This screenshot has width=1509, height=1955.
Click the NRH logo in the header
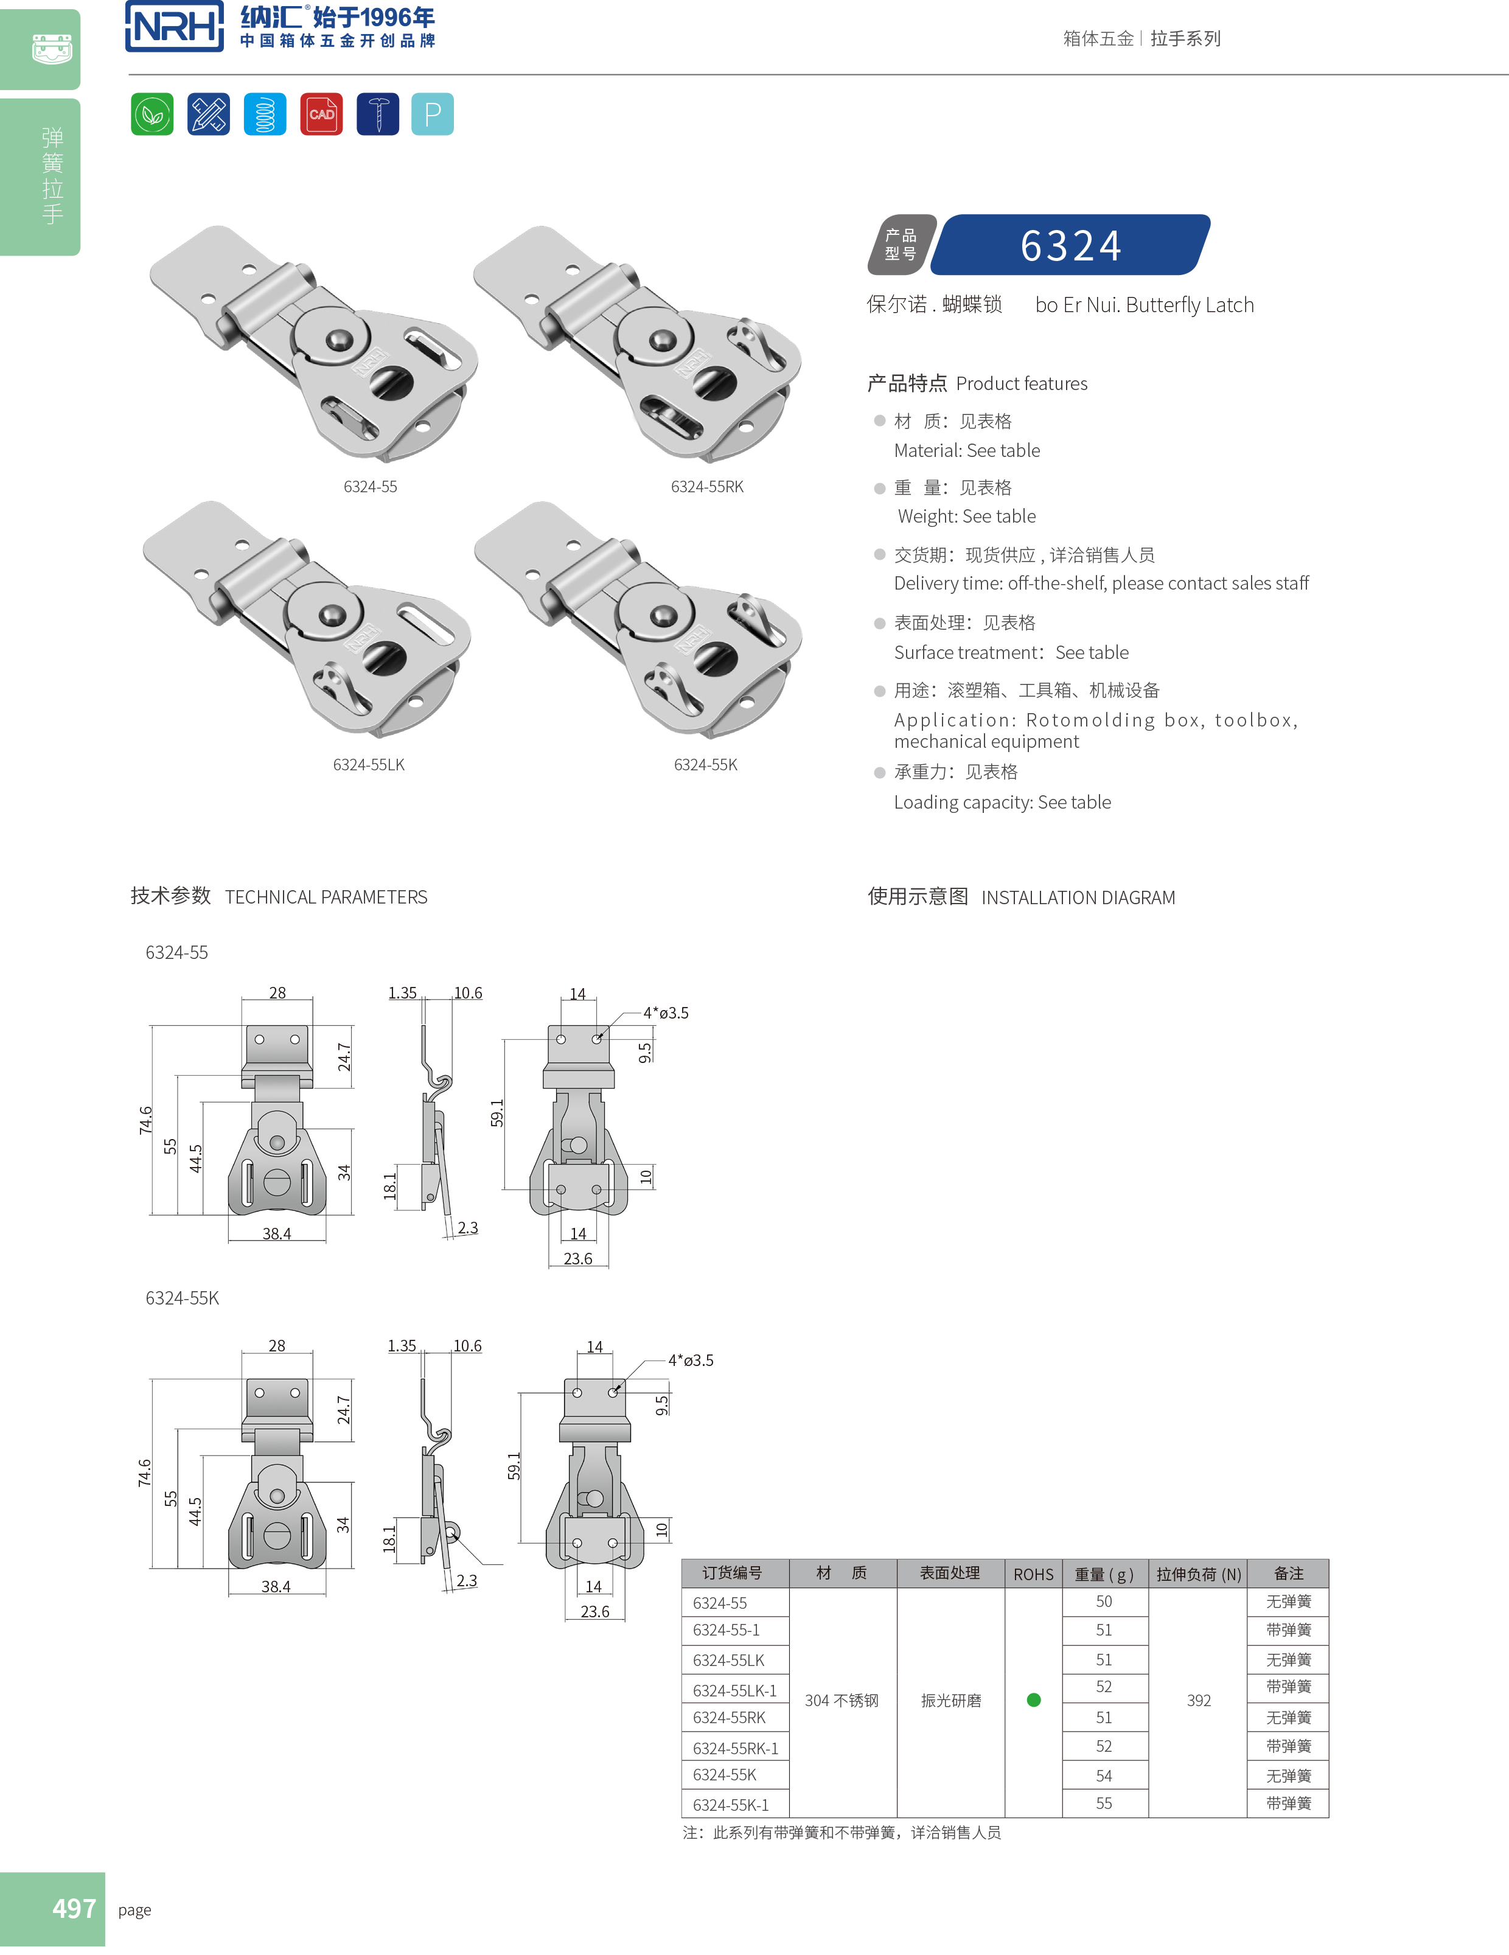point(175,26)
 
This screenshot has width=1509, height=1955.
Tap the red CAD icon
point(321,114)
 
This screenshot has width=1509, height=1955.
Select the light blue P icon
point(432,114)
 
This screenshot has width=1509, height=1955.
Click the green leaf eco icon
point(152,114)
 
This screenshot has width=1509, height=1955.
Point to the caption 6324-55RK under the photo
point(707,487)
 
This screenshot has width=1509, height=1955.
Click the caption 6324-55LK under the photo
point(369,764)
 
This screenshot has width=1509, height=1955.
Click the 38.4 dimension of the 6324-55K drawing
point(276,1586)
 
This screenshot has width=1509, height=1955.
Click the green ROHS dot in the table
point(1034,1700)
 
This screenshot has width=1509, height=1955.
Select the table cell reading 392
point(1199,1701)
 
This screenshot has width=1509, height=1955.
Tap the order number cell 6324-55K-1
point(730,1805)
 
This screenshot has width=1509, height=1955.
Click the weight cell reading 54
point(1104,1775)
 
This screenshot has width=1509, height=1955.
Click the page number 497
point(74,1908)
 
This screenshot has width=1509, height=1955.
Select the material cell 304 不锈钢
point(842,1701)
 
